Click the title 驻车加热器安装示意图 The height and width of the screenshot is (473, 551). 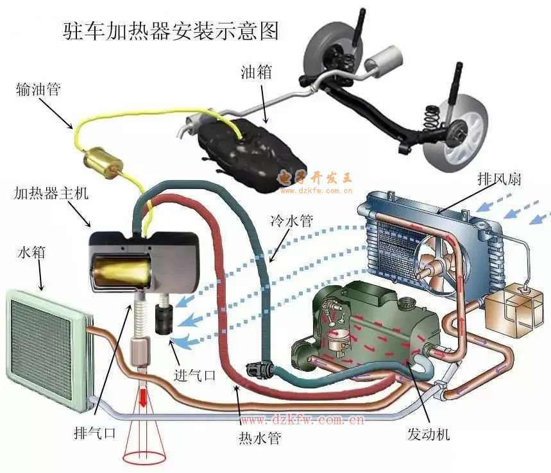171,30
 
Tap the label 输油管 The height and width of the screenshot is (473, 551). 38,90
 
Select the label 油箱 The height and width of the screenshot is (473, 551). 257,72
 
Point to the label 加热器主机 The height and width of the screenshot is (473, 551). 55,192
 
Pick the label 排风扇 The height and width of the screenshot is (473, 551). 498,179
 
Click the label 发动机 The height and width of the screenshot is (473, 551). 428,434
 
